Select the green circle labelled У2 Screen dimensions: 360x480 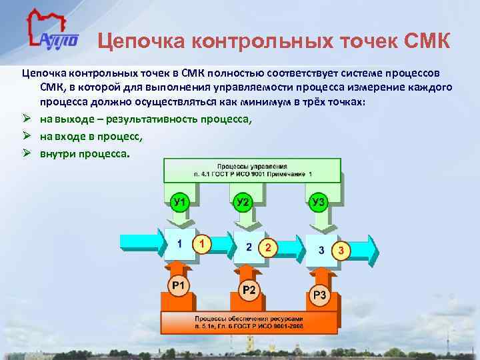243,201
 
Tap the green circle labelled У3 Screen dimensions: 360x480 317,201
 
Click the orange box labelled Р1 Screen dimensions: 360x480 178,286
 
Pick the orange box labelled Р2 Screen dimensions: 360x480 249,288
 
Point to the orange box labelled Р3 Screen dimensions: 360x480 320,295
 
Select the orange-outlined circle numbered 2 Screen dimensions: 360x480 267,248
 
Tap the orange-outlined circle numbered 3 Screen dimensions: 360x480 341,251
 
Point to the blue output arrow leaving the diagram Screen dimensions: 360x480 363,250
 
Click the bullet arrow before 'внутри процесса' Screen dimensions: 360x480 28,153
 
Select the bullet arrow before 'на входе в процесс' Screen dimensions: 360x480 28,137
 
